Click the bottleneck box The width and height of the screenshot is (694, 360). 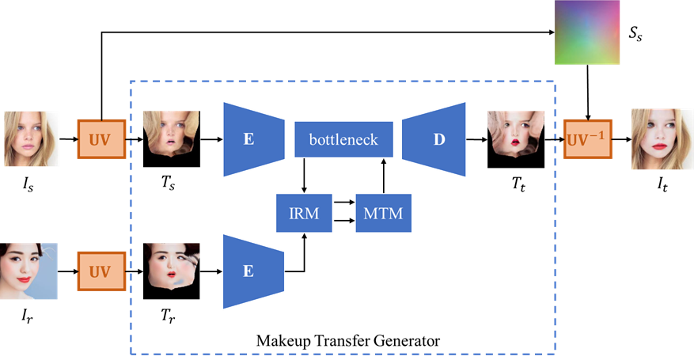click(x=343, y=139)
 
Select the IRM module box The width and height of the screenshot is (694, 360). click(x=304, y=213)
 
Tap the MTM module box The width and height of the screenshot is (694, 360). click(x=383, y=213)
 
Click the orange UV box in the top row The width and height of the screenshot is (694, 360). click(x=101, y=139)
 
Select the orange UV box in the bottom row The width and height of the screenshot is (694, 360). click(x=101, y=271)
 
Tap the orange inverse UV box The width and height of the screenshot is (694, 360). click(x=588, y=139)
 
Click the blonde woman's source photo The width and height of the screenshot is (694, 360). click(x=32, y=139)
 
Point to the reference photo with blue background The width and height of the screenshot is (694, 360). click(x=29, y=271)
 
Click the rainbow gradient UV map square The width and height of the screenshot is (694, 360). click(x=586, y=32)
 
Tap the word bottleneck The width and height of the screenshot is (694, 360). click(x=343, y=140)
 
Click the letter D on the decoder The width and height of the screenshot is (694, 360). click(x=439, y=140)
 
